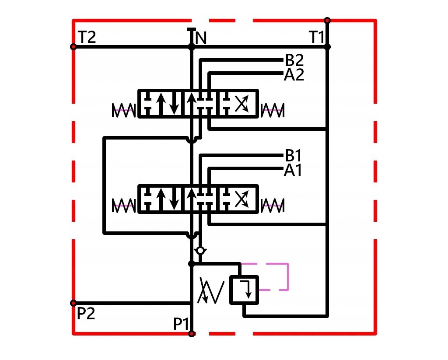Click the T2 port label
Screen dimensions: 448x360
click(x=87, y=37)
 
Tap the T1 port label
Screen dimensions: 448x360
click(x=317, y=37)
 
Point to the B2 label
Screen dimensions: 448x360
click(x=294, y=60)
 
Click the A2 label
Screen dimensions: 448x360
click(x=294, y=75)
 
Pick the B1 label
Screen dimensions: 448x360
click(x=293, y=156)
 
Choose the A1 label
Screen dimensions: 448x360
click(x=293, y=170)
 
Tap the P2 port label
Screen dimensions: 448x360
click(x=86, y=314)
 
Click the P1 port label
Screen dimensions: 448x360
click(x=181, y=324)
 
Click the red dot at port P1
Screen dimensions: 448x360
click(x=192, y=334)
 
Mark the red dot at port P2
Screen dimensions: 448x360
click(x=73, y=303)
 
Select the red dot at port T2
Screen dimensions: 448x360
click(x=73, y=47)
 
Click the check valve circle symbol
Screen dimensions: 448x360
click(x=200, y=251)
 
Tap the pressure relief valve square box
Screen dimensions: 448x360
click(x=244, y=290)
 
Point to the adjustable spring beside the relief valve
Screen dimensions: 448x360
click(x=211, y=290)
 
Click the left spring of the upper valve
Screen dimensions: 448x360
click(x=123, y=110)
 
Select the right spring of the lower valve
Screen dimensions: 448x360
click(x=273, y=206)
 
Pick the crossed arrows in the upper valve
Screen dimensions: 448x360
click(x=241, y=103)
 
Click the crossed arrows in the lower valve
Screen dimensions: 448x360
click(x=241, y=199)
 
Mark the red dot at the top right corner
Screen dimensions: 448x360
click(x=327, y=21)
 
